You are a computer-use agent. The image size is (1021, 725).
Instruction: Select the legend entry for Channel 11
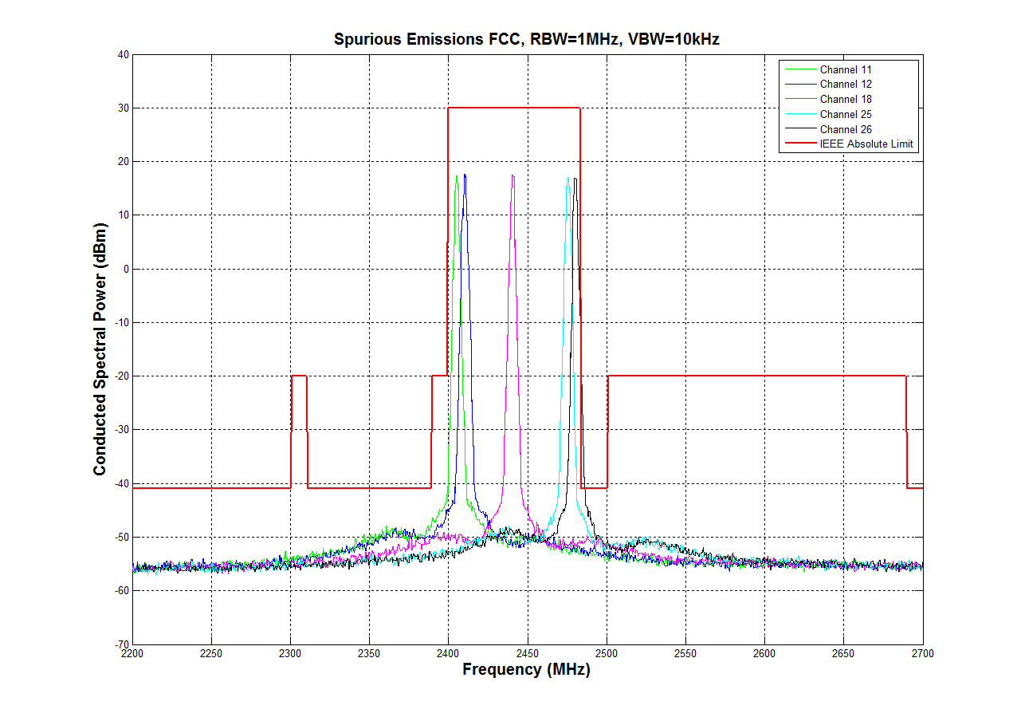(x=846, y=69)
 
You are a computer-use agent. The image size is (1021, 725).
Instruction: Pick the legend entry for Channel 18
(x=846, y=100)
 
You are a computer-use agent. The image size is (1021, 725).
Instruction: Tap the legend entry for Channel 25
(x=846, y=115)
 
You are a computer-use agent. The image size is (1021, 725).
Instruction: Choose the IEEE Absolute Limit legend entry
(x=866, y=145)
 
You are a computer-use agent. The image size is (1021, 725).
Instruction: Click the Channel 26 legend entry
(x=846, y=130)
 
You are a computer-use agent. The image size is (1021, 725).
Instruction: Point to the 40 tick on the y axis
(x=123, y=54)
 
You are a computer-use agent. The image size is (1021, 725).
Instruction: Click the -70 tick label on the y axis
(x=120, y=644)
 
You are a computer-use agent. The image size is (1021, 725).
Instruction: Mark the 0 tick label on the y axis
(x=125, y=269)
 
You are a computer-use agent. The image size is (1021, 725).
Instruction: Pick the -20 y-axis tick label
(x=120, y=376)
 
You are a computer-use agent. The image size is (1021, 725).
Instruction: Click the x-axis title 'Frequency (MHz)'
(x=527, y=670)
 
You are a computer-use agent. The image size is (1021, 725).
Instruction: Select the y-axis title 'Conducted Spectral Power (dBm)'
(x=100, y=349)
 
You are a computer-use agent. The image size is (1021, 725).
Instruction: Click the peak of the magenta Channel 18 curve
(x=512, y=176)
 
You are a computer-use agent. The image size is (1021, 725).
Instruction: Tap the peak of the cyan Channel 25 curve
(x=568, y=179)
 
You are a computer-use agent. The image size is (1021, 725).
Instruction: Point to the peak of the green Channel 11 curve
(x=457, y=176)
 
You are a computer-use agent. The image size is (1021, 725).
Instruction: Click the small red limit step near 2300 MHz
(x=299, y=376)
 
